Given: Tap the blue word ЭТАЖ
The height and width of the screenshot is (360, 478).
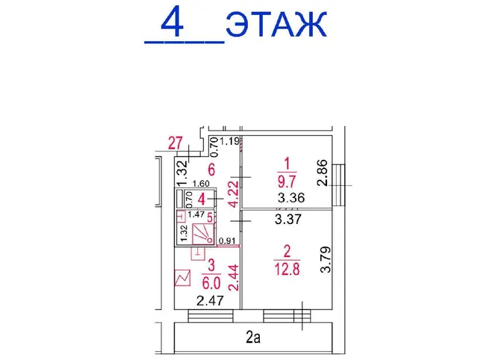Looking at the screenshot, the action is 276,25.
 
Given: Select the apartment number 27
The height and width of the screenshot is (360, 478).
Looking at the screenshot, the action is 176,143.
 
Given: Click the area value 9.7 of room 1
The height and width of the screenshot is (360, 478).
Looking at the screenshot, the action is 287,182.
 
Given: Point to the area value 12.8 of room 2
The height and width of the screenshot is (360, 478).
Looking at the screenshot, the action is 287,269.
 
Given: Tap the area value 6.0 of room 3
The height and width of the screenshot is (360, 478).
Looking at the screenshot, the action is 211,283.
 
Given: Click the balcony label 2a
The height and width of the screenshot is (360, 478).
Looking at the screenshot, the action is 253,338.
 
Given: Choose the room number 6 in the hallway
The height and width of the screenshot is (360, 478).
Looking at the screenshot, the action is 211,170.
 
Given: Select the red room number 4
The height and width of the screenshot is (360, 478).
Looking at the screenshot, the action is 202,199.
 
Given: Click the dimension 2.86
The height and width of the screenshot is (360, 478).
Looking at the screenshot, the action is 322,173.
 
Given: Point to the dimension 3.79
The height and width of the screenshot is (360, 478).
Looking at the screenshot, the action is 326,259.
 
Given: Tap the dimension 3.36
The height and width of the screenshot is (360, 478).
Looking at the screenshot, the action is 291,198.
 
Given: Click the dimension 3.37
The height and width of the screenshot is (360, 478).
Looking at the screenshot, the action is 288,219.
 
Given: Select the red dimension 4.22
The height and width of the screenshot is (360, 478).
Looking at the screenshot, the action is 235,194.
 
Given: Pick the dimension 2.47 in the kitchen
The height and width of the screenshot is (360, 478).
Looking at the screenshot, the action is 210,301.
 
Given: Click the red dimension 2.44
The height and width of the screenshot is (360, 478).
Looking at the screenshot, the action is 234,277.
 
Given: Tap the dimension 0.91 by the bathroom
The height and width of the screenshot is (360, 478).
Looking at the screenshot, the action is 227,240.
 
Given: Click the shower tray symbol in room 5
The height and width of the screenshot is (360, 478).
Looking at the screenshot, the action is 203,234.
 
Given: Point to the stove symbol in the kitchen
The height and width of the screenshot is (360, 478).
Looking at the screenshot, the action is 182,278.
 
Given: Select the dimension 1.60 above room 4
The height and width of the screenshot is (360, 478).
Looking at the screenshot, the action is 201,184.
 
